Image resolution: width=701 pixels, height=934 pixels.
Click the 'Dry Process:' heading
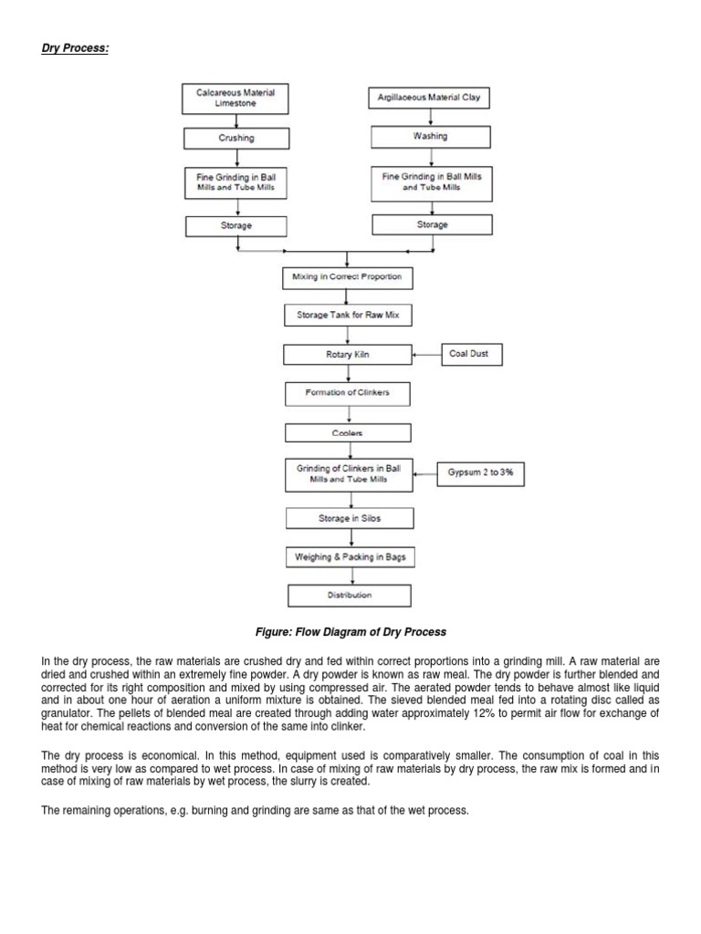tap(75, 48)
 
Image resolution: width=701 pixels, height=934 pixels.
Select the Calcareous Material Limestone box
tap(235, 98)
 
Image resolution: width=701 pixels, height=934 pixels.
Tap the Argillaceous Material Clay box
tap(429, 98)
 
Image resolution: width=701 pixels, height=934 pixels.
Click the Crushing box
tap(236, 138)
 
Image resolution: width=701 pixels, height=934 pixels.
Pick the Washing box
tap(430, 137)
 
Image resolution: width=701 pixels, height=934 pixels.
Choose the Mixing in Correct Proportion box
tap(346, 276)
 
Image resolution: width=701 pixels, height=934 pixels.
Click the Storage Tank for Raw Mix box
tap(347, 316)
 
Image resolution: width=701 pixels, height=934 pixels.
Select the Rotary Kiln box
tap(347, 354)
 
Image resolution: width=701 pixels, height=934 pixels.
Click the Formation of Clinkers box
tap(347, 393)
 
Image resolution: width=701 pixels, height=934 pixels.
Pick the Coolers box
tap(347, 432)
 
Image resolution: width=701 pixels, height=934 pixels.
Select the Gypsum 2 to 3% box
tap(480, 472)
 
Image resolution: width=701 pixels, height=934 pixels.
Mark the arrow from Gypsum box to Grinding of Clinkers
tap(424, 472)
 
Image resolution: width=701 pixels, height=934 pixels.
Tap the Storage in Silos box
tap(350, 518)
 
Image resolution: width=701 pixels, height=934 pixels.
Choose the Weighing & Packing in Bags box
tap(350, 556)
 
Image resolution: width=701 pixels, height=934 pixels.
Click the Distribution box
tap(350, 596)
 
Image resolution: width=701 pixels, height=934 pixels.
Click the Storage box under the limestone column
tap(236, 225)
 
